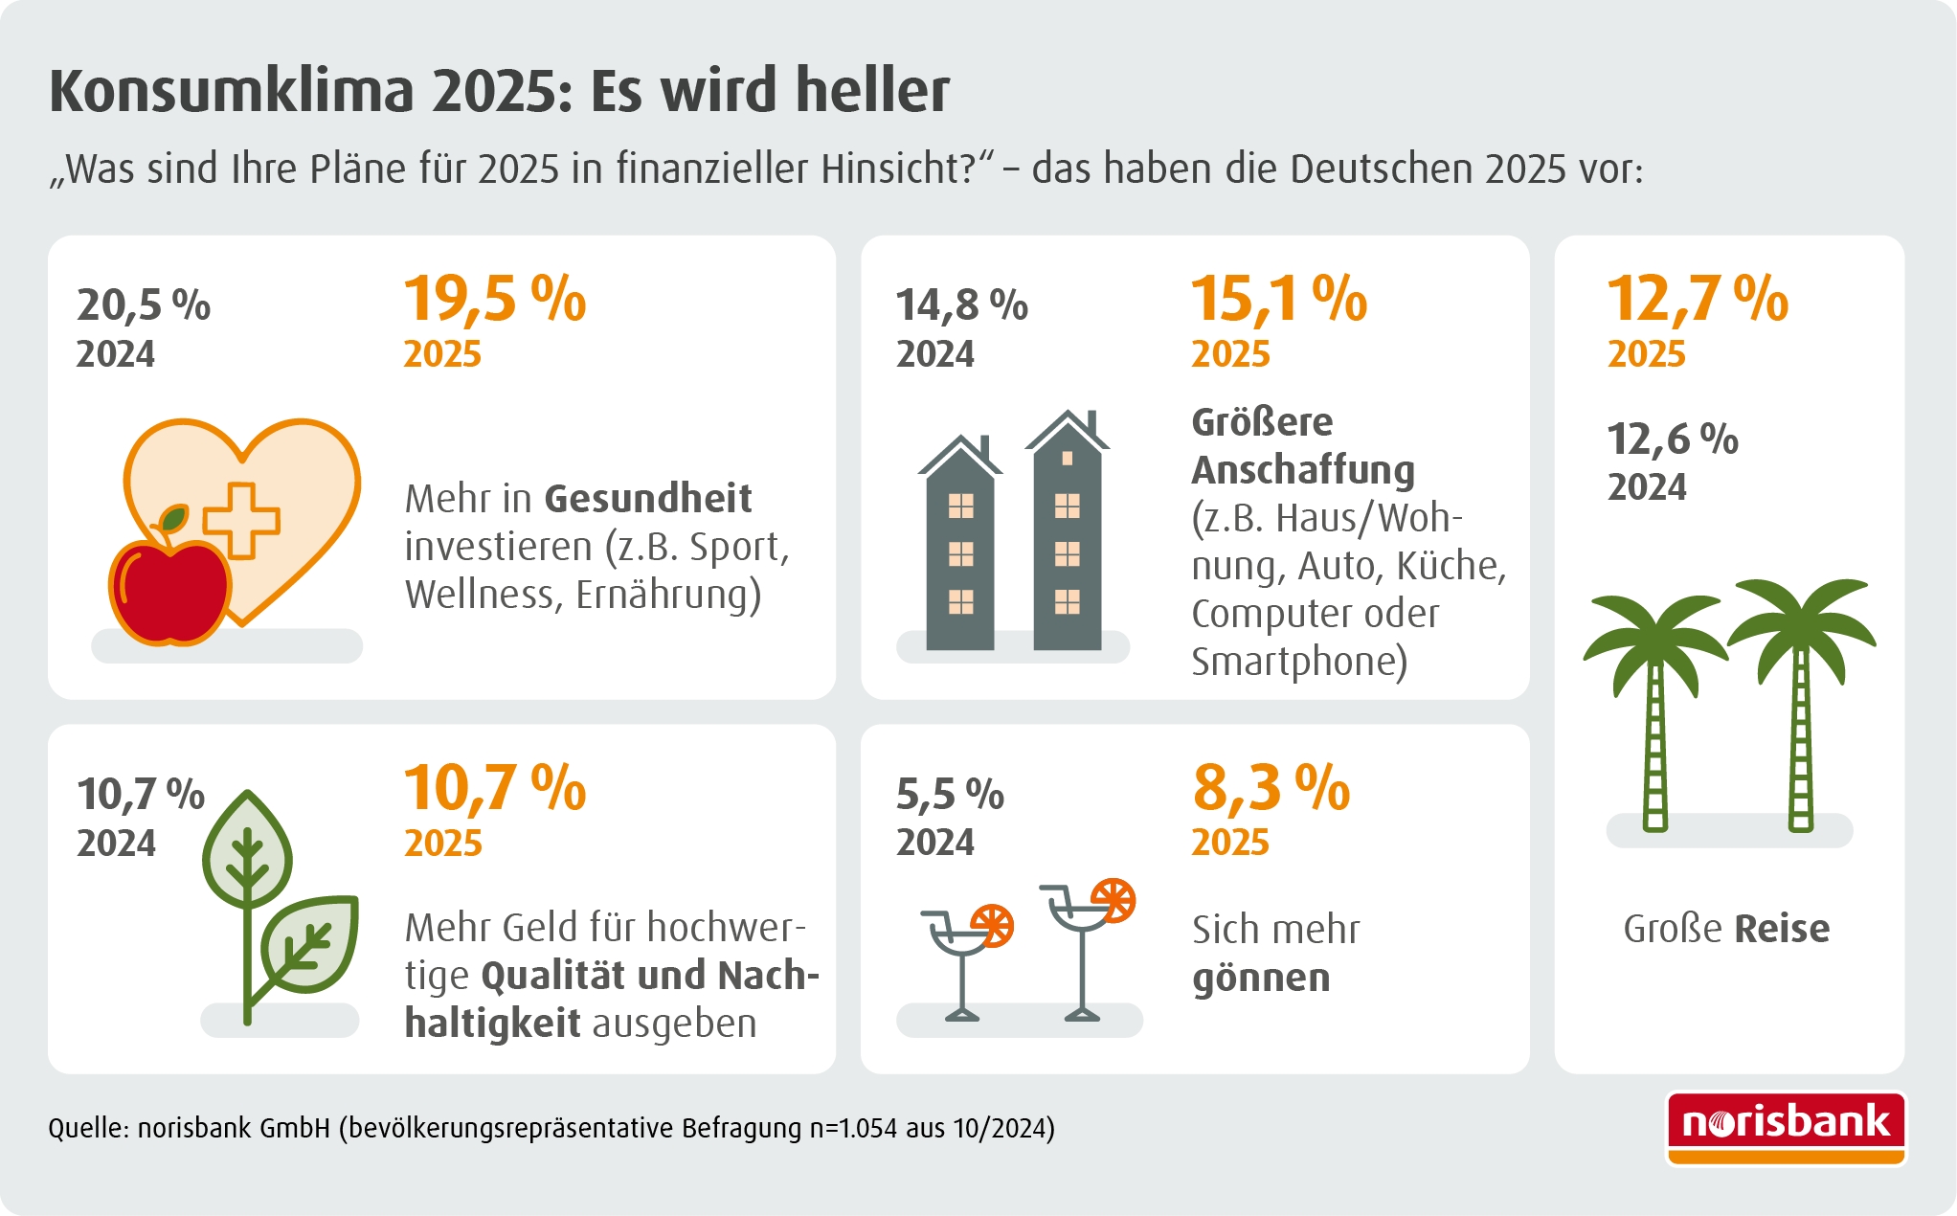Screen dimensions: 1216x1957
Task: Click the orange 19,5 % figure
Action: tap(494, 299)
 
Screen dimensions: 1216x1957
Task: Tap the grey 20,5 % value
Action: tap(144, 305)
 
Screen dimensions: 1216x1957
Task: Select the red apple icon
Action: tap(169, 591)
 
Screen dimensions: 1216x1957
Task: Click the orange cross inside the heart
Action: tap(241, 520)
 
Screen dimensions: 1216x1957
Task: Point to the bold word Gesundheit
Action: tap(647, 499)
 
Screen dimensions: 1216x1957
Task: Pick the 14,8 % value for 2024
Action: tap(961, 305)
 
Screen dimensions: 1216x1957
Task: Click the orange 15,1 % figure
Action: tap(1278, 299)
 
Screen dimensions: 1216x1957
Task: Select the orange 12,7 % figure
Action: tap(1697, 299)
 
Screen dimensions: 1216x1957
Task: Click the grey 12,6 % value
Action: tap(1672, 439)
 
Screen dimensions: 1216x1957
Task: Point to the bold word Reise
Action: tap(1782, 929)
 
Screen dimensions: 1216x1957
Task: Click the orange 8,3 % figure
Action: tap(1271, 788)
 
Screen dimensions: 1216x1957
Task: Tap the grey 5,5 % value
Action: tap(950, 794)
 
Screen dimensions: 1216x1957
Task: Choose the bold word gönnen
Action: tap(1261, 979)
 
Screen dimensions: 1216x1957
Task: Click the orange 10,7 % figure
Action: tap(494, 788)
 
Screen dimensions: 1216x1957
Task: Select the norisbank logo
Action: tap(1786, 1127)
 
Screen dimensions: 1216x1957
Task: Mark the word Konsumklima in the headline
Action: tap(232, 91)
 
